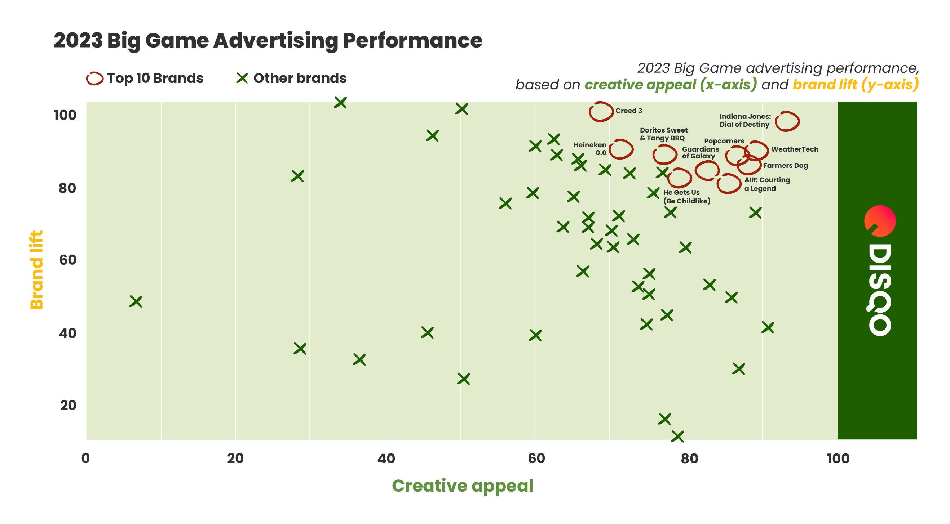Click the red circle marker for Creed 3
601,112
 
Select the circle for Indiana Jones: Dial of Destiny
787,121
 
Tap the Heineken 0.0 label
590,149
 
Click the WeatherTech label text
794,149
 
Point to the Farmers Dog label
785,165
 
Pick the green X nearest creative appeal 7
136,301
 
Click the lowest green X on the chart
677,436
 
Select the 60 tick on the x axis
536,458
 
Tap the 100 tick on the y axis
65,115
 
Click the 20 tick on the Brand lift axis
68,406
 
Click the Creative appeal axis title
462,486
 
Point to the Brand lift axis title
36,270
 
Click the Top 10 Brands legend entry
155,78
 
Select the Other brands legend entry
300,78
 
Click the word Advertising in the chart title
275,41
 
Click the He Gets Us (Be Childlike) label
686,197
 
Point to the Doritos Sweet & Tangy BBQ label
663,134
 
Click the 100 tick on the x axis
838,458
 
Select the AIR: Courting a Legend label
767,184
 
